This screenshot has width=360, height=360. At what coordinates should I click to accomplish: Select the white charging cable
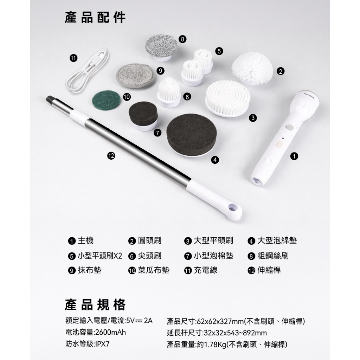pos(88,70)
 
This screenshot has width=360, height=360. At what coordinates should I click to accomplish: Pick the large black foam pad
pos(192,136)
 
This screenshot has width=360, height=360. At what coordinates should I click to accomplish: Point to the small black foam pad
pos(143,116)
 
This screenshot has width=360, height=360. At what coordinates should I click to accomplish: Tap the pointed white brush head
pos(169,92)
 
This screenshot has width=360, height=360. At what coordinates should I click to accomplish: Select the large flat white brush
pos(227,98)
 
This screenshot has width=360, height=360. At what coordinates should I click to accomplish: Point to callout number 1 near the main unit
pos(294,156)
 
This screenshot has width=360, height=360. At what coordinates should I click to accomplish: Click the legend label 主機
pos(86,241)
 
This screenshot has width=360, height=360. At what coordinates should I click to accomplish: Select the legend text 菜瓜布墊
pos(154,270)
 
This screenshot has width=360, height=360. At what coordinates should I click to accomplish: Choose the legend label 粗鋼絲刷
pos(273,256)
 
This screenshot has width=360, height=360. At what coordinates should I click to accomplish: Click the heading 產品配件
pos(95,18)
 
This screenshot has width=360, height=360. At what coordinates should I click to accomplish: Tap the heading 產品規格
pos(95,305)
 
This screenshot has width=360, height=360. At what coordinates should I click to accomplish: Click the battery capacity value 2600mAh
pos(110,332)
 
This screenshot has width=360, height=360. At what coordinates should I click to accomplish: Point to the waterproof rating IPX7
pos(102,344)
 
